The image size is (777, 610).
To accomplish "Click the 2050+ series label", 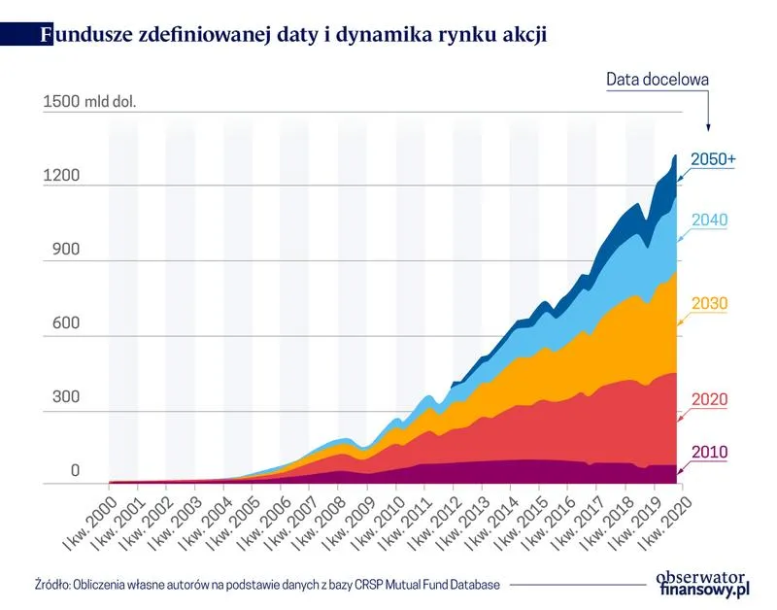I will pos(713,160).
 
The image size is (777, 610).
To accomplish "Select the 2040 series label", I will pos(709,220).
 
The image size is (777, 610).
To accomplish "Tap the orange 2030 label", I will pos(709,304).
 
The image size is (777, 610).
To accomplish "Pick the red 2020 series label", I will pos(709,399).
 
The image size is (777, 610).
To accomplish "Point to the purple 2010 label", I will pos(709,452).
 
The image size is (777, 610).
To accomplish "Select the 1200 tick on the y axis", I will pos(61,176).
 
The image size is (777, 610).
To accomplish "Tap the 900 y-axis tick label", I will pos(56,252).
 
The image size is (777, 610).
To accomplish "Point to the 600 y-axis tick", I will pos(56,325).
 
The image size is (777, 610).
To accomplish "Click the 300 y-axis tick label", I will pos(56,400).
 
